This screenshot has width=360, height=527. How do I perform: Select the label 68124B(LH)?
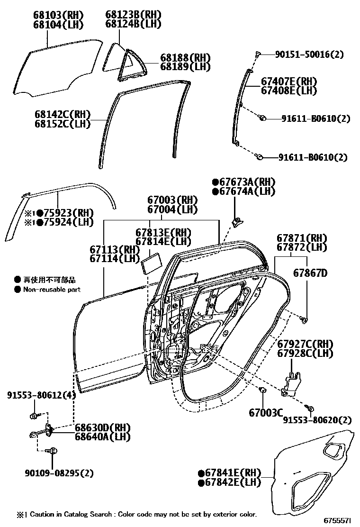[133, 24]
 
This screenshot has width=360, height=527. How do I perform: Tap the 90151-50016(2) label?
[310, 55]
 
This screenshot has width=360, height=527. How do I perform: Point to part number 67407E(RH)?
[288, 81]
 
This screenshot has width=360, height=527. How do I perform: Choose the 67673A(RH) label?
[244, 182]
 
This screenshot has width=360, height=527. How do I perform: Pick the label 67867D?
[310, 273]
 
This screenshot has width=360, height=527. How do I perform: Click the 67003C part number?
[265, 413]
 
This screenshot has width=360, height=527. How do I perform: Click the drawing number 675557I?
[337, 520]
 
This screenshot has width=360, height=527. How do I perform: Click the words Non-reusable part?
[52, 289]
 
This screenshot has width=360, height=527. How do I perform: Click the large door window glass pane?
[57, 66]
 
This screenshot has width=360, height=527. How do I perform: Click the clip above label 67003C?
[262, 391]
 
